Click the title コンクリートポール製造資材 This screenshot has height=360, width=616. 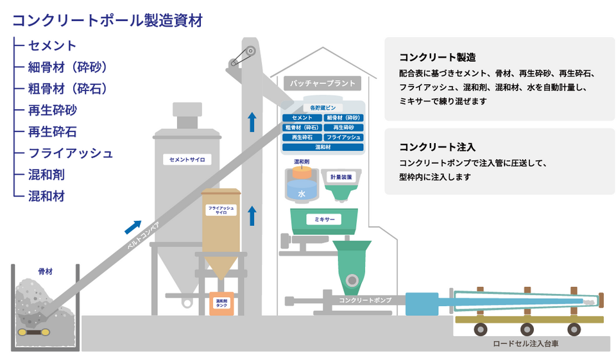point(108,19)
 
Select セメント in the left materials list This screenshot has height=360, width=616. point(53,46)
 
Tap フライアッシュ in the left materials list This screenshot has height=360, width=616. point(71,153)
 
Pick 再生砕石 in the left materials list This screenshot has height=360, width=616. point(53,132)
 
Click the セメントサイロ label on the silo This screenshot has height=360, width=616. point(187,159)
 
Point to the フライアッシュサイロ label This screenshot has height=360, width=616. point(221,210)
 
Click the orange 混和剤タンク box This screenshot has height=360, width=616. point(221,303)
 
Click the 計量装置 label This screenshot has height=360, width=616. point(341,176)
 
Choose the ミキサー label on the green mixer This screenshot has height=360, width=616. point(324,219)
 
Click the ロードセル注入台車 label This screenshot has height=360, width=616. point(526,343)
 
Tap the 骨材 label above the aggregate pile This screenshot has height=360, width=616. point(45,271)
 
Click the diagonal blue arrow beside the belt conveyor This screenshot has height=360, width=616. point(133,226)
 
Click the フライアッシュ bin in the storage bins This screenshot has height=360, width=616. point(344,137)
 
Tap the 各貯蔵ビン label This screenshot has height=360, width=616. point(323,108)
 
